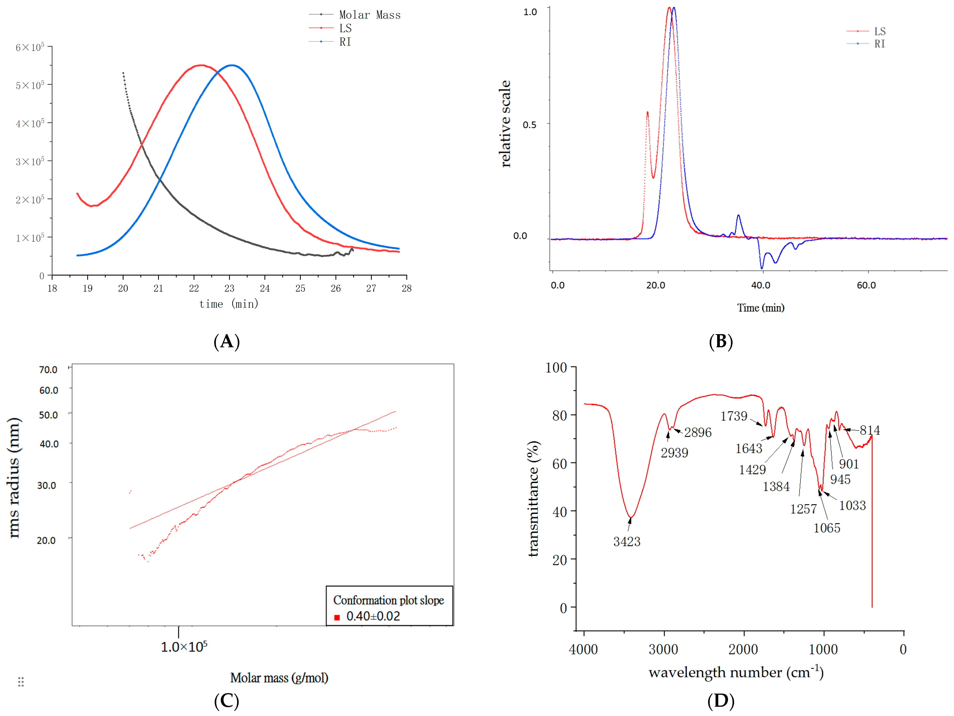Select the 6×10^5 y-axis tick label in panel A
tap(30, 47)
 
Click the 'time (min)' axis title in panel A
tap(228, 304)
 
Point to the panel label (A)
tap(226, 342)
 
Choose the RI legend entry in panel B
tap(879, 44)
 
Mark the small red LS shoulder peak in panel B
tap(647, 113)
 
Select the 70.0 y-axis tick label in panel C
tap(48, 370)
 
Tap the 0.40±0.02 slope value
tap(373, 616)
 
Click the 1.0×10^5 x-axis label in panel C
tap(184, 647)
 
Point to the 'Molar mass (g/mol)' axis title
tap(279, 678)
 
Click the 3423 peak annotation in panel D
tap(627, 541)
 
